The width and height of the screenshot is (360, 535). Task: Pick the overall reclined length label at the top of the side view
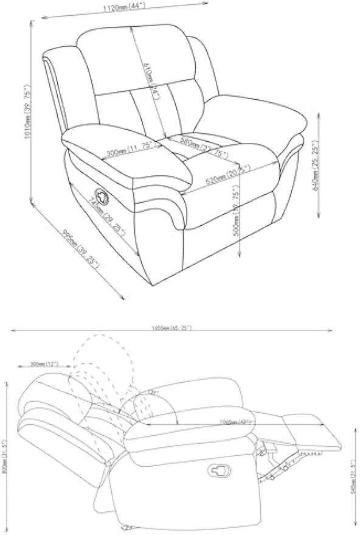pos(173,329)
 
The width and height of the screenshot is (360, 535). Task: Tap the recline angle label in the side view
pos(151,393)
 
